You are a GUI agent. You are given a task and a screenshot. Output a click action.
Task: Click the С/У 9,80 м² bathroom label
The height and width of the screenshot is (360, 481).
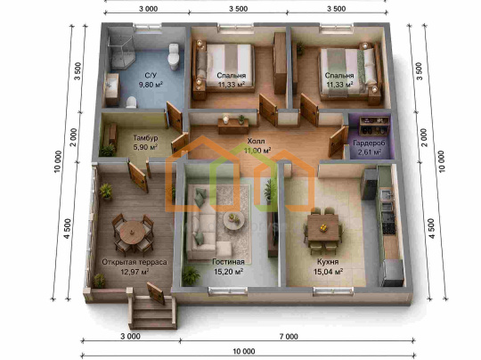[151, 80]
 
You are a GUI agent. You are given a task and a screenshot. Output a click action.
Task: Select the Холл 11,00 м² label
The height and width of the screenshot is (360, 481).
[257, 146]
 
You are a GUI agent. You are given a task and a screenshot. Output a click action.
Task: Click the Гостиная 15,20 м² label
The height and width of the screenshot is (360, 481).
[229, 266]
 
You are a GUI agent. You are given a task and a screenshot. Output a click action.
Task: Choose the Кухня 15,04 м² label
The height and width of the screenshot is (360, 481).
[328, 266]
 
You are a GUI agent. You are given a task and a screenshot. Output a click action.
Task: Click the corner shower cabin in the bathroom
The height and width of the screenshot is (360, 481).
[121, 53]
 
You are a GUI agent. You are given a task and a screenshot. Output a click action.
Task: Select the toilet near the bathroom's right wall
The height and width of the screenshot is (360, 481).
[174, 56]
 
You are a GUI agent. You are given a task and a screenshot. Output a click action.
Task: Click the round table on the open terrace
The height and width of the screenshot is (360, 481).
[133, 233]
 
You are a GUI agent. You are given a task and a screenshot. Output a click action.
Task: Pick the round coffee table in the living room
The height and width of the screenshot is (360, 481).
[233, 220]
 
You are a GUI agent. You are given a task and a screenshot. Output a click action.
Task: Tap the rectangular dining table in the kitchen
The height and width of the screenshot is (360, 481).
[323, 227]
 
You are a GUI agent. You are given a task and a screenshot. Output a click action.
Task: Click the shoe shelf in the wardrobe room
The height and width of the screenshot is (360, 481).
[374, 126]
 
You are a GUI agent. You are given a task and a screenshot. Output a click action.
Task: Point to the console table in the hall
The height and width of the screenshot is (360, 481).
[233, 127]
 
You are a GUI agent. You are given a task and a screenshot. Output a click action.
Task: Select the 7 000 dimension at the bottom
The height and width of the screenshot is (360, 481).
[289, 336]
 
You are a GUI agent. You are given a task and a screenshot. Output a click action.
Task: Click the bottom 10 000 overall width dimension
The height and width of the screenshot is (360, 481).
[244, 351]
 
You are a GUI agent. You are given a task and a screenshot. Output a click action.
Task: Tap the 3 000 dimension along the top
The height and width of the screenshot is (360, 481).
[148, 9]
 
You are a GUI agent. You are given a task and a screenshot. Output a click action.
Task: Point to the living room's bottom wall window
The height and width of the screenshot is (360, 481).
[227, 290]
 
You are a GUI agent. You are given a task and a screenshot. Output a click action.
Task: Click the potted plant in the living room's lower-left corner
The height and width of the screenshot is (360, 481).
[191, 275]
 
